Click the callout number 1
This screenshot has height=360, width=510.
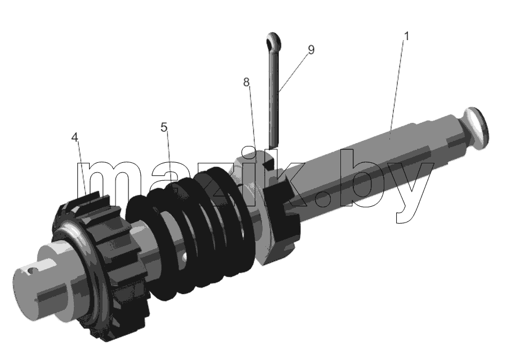406,36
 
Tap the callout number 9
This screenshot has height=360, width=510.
311,50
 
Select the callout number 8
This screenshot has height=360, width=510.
246,82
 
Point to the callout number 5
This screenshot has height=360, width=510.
164,127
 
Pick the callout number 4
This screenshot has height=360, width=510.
75,137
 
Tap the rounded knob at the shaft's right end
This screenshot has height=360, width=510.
476,128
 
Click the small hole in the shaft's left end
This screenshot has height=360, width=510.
30,269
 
